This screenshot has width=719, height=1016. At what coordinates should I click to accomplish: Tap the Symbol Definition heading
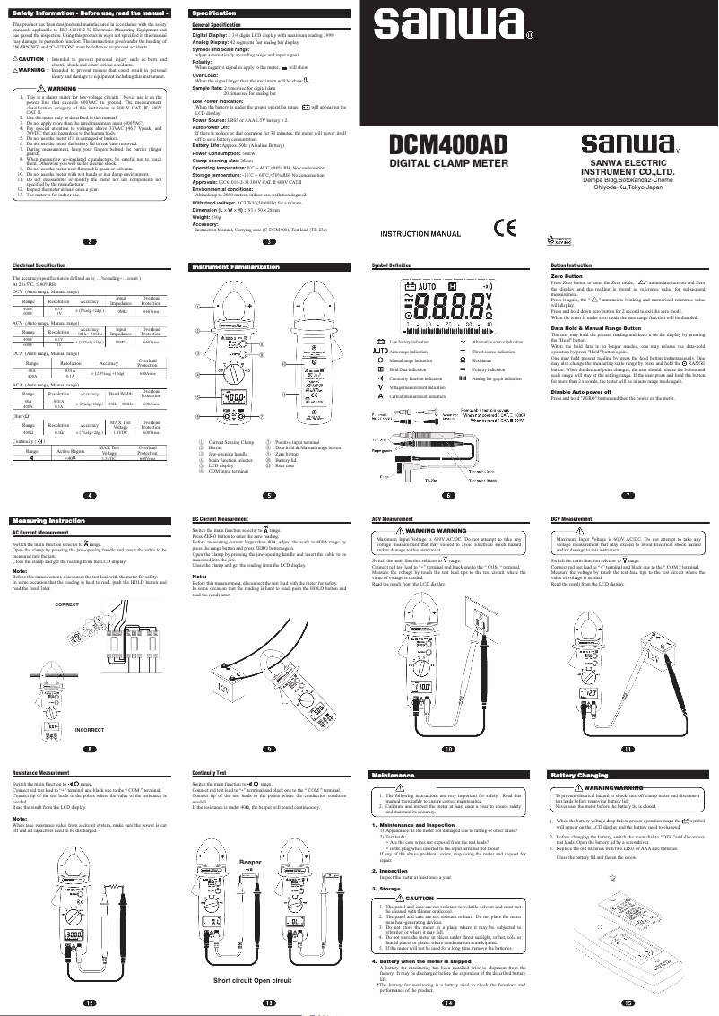[x=392, y=265]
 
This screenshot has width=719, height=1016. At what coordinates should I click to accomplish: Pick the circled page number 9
[x=268, y=748]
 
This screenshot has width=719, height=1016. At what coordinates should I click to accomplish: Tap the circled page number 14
[x=448, y=1002]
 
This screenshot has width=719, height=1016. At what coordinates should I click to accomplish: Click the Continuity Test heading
[x=215, y=771]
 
